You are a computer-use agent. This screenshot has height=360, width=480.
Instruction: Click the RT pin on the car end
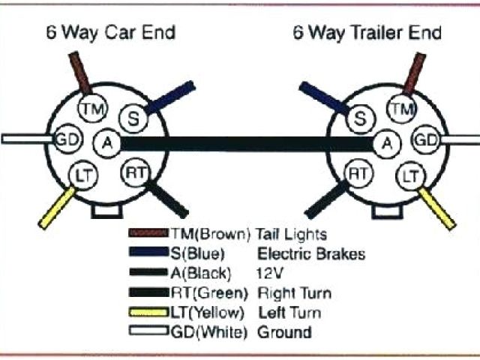click(135, 172)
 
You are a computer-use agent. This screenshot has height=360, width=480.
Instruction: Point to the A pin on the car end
click(106, 142)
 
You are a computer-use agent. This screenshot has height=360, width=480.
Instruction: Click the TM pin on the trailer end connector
click(402, 110)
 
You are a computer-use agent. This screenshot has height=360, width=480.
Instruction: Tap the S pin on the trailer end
click(361, 118)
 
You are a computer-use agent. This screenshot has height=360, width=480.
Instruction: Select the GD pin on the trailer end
click(427, 139)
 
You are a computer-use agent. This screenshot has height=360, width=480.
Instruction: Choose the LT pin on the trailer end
click(409, 176)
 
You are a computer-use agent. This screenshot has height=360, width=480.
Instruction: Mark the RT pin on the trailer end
click(358, 174)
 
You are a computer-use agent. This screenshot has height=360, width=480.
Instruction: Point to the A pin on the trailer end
click(386, 142)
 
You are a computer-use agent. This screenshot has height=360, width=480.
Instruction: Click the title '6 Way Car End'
click(110, 33)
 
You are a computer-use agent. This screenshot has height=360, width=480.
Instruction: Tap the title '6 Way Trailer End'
click(366, 33)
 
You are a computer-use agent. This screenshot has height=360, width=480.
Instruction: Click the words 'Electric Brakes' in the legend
click(310, 253)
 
